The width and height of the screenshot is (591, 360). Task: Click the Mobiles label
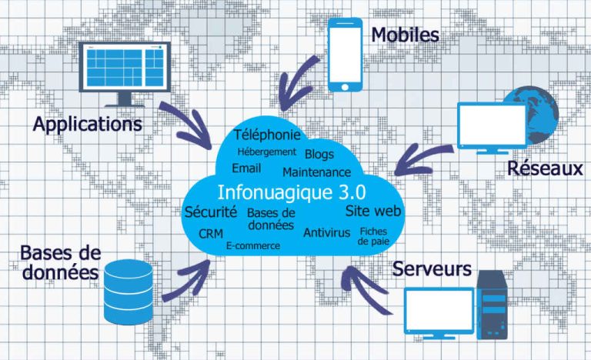pos(405,35)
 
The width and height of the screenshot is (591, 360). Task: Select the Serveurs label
pos(432,269)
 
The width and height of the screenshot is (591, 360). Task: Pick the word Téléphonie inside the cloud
pos(266,135)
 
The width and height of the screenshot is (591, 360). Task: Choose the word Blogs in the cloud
pos(319,154)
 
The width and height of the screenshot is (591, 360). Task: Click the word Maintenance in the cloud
pos(316,172)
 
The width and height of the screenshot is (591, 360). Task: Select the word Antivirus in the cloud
pos(326,232)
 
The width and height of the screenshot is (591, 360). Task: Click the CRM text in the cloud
pos(210,233)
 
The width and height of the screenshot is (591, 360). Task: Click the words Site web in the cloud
pos(374,210)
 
